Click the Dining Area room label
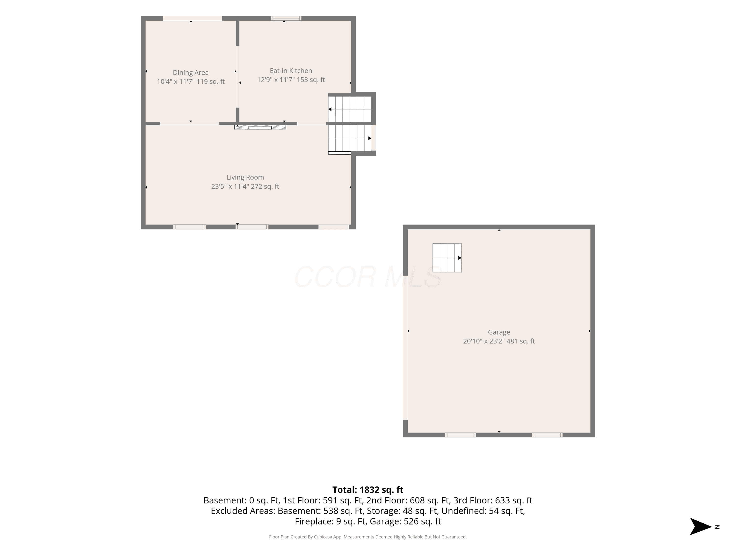(191, 73)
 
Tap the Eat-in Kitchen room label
(291, 71)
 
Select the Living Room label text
(245, 177)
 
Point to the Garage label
(499, 332)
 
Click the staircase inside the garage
(447, 258)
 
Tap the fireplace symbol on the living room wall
(260, 127)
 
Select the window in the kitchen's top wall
(286, 18)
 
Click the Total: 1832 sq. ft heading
(368, 490)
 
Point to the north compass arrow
(700, 527)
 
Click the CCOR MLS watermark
(368, 277)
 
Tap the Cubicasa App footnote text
(368, 537)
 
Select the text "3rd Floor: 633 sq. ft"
(493, 500)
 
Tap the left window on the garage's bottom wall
(460, 435)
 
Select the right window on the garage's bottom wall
(547, 435)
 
